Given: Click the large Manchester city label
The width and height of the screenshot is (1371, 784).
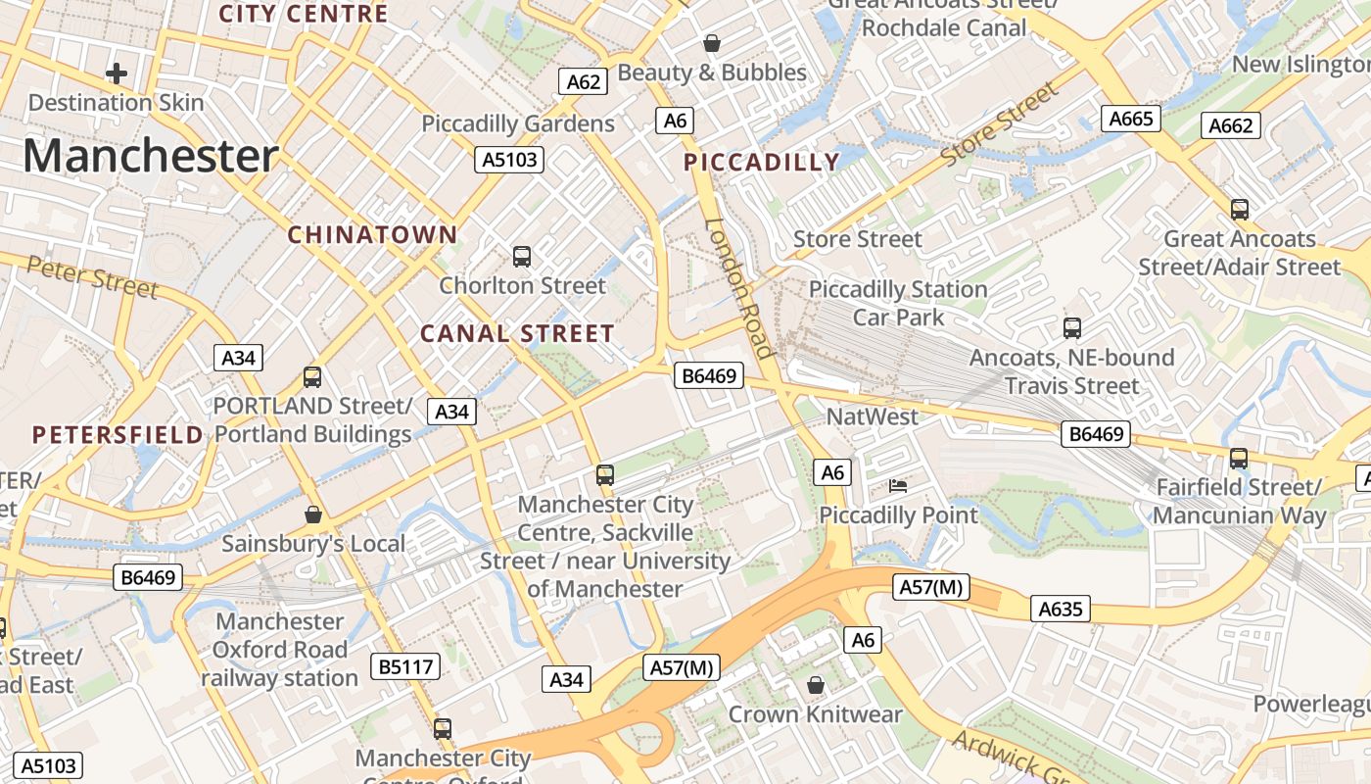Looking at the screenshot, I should (150, 156).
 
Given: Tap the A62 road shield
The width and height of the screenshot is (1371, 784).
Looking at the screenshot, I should (584, 81).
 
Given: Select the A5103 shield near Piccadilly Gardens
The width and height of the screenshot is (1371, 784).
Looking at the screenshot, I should (509, 159).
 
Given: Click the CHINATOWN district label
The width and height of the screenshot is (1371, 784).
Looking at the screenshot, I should (372, 234).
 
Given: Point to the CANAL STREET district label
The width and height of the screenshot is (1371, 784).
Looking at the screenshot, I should (517, 333).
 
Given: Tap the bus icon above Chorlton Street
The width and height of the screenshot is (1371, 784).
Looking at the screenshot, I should (522, 257).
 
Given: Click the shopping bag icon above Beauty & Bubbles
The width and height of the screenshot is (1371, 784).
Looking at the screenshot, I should (712, 43).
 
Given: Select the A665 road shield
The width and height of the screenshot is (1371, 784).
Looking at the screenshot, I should (1131, 119).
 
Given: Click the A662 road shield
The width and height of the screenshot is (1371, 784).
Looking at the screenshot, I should (1231, 124).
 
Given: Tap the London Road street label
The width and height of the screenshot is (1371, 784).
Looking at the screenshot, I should (740, 287).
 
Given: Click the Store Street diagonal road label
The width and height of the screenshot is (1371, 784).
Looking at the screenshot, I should (1000, 124).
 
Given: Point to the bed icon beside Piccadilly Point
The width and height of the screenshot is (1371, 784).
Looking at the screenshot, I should (898, 485).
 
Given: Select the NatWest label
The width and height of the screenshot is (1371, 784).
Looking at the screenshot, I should (873, 416).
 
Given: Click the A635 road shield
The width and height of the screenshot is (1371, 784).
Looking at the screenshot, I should (1061, 610).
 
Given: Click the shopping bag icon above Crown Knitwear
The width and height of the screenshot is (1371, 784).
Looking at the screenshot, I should (816, 685).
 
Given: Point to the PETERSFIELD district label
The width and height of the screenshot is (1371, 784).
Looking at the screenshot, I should (118, 434).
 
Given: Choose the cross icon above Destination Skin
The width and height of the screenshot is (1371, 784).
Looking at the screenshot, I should (117, 73).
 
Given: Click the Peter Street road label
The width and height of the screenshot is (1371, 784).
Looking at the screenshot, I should (92, 276).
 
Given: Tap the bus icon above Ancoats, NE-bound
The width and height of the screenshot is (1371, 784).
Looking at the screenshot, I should (1072, 327).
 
